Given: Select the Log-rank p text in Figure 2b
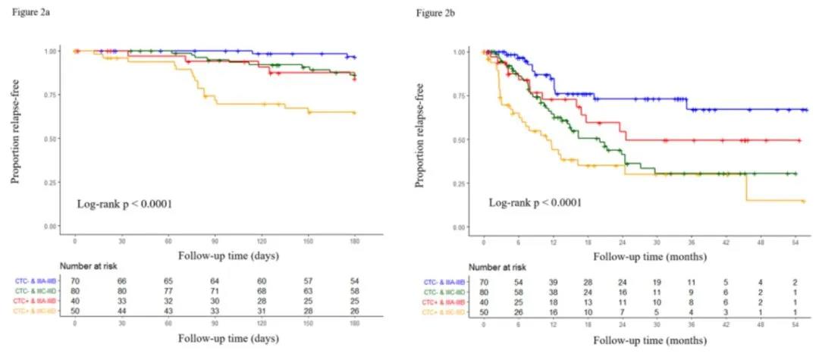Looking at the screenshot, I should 535,202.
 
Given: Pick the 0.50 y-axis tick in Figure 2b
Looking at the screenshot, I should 458,139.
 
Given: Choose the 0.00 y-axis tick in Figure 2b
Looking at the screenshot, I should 458,227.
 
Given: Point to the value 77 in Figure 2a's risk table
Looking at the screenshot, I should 168,290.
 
